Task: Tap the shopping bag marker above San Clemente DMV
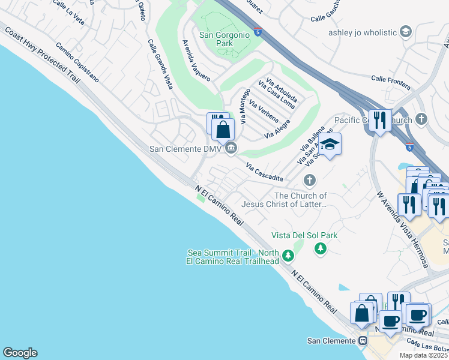[x=223, y=129]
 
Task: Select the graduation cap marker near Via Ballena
[x=330, y=144]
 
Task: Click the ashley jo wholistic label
[x=363, y=32]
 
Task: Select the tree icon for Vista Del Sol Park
[x=321, y=248]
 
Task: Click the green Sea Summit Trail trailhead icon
[x=288, y=257]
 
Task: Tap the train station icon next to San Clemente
[x=363, y=341]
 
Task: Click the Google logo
[x=20, y=353]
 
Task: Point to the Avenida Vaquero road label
[x=196, y=61]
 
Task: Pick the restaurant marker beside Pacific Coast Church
[x=380, y=121]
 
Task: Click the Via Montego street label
[x=244, y=106]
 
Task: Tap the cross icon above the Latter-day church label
[x=310, y=179]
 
